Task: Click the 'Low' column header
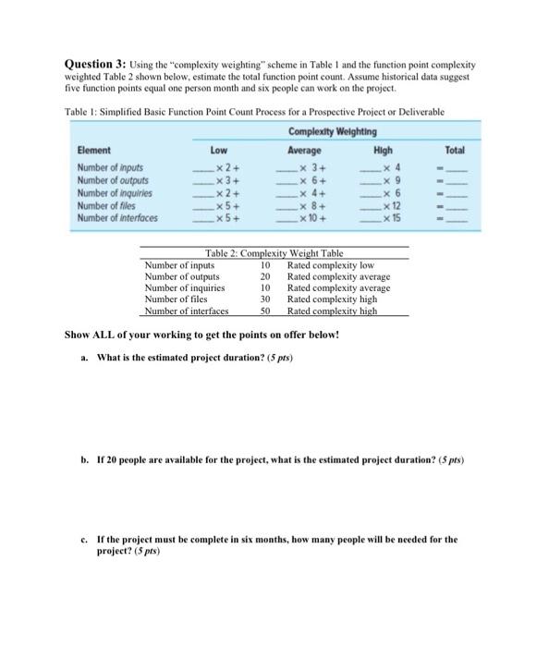[219, 150]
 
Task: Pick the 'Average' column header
[304, 150]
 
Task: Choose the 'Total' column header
[455, 150]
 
